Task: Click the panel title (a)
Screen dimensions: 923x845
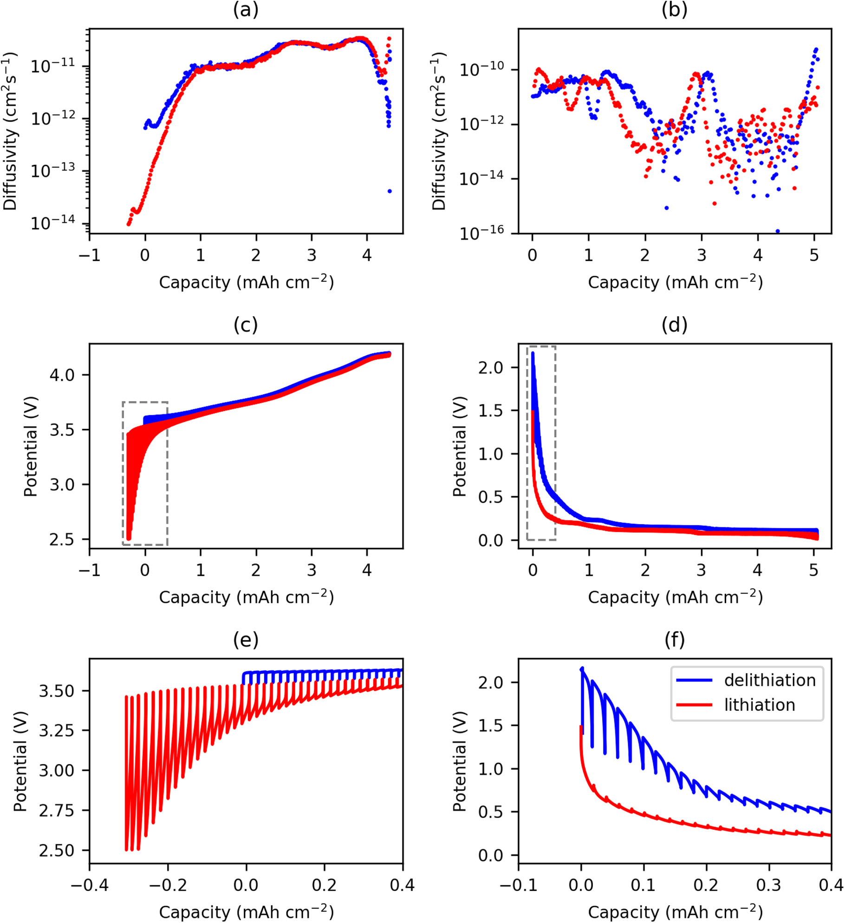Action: [246, 9]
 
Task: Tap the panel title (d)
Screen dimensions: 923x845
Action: [674, 325]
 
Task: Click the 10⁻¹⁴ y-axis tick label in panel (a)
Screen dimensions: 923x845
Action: [52, 223]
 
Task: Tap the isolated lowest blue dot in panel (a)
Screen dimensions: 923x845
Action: [390, 191]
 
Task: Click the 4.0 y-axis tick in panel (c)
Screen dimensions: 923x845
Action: [62, 375]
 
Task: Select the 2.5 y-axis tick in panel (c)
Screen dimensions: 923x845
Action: [62, 539]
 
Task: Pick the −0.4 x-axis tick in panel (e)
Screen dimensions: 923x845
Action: [90, 885]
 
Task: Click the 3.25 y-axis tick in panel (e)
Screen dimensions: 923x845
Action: [56, 730]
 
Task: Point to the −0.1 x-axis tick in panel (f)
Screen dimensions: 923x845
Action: [518, 885]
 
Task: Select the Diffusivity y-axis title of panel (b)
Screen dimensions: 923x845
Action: [439, 131]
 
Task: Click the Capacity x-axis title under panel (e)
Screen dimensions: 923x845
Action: [246, 911]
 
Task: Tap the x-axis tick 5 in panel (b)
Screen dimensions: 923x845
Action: [814, 255]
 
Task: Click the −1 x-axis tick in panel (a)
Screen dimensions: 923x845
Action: [90, 255]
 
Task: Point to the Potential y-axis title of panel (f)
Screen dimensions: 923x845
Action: [459, 761]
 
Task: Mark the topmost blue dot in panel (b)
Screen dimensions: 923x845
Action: [816, 49]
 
